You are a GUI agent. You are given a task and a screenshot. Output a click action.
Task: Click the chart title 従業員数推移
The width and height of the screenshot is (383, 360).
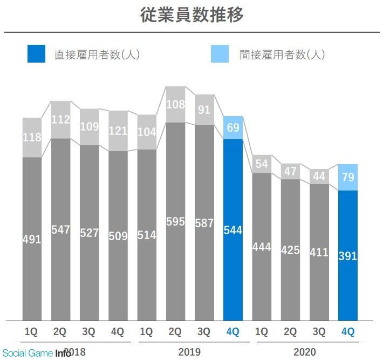point(191,15)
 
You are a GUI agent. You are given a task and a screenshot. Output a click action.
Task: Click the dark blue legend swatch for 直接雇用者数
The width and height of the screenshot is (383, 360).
point(36,54)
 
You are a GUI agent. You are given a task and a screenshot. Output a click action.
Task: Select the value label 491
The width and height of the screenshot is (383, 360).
point(32,239)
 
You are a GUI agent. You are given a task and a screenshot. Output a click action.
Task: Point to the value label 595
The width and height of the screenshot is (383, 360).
point(175,222)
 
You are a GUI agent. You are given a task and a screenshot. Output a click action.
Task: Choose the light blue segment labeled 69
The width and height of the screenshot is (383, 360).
point(233,128)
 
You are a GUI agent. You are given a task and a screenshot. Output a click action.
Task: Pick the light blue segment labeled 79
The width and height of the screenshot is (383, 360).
point(348,177)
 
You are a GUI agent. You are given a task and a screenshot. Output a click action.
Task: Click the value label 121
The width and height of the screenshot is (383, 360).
point(118,131)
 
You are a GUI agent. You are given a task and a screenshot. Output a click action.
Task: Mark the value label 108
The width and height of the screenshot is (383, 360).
point(175,104)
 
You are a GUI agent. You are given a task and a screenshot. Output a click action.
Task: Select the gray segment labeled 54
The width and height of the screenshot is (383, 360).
point(262,164)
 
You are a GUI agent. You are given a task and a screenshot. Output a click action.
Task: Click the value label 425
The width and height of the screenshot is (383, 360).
point(290,250)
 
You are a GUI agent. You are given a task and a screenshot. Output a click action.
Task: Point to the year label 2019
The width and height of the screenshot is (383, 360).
point(189,352)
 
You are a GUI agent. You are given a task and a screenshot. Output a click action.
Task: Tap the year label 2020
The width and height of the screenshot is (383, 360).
point(305,352)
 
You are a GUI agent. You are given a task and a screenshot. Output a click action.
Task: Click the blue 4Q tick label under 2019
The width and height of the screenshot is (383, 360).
point(233,332)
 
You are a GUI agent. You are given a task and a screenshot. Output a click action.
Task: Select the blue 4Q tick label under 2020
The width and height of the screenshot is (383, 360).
point(348,332)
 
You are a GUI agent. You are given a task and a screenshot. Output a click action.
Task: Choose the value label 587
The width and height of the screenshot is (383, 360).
point(204,223)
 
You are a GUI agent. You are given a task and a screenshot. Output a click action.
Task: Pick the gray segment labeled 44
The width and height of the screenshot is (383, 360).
point(319,176)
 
